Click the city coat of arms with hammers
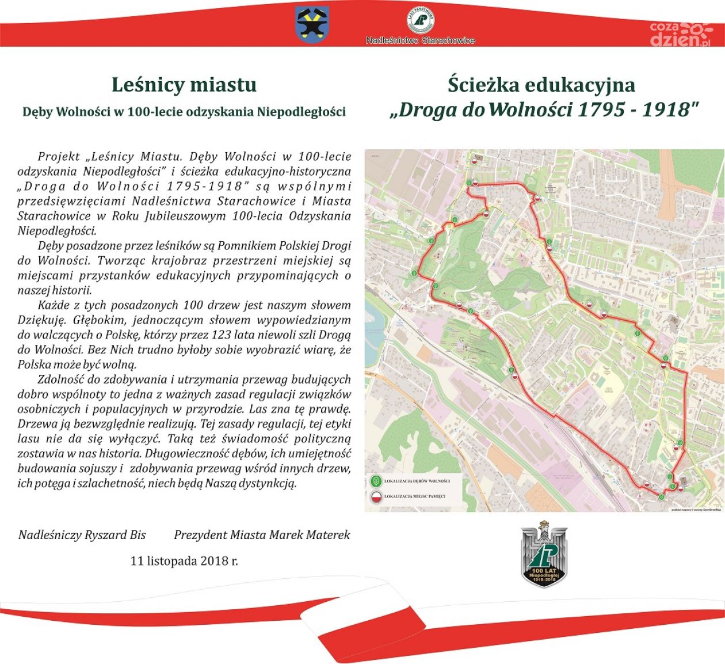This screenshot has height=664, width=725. tap(312, 24)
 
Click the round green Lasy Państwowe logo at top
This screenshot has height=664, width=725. tap(420, 20)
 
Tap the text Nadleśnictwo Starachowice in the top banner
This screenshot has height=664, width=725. tap(421, 40)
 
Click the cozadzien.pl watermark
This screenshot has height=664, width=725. tap(680, 33)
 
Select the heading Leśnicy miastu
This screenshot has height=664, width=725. tap(184, 85)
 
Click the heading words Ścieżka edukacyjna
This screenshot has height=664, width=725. tap(541, 85)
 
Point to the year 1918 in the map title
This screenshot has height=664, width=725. tap(665, 109)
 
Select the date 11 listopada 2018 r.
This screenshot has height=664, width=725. tap(184, 560)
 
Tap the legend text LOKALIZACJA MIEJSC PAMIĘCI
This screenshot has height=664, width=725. tap(414, 496)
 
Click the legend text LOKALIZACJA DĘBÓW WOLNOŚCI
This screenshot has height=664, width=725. tap(417, 481)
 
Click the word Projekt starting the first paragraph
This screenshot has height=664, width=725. tap(59, 157)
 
